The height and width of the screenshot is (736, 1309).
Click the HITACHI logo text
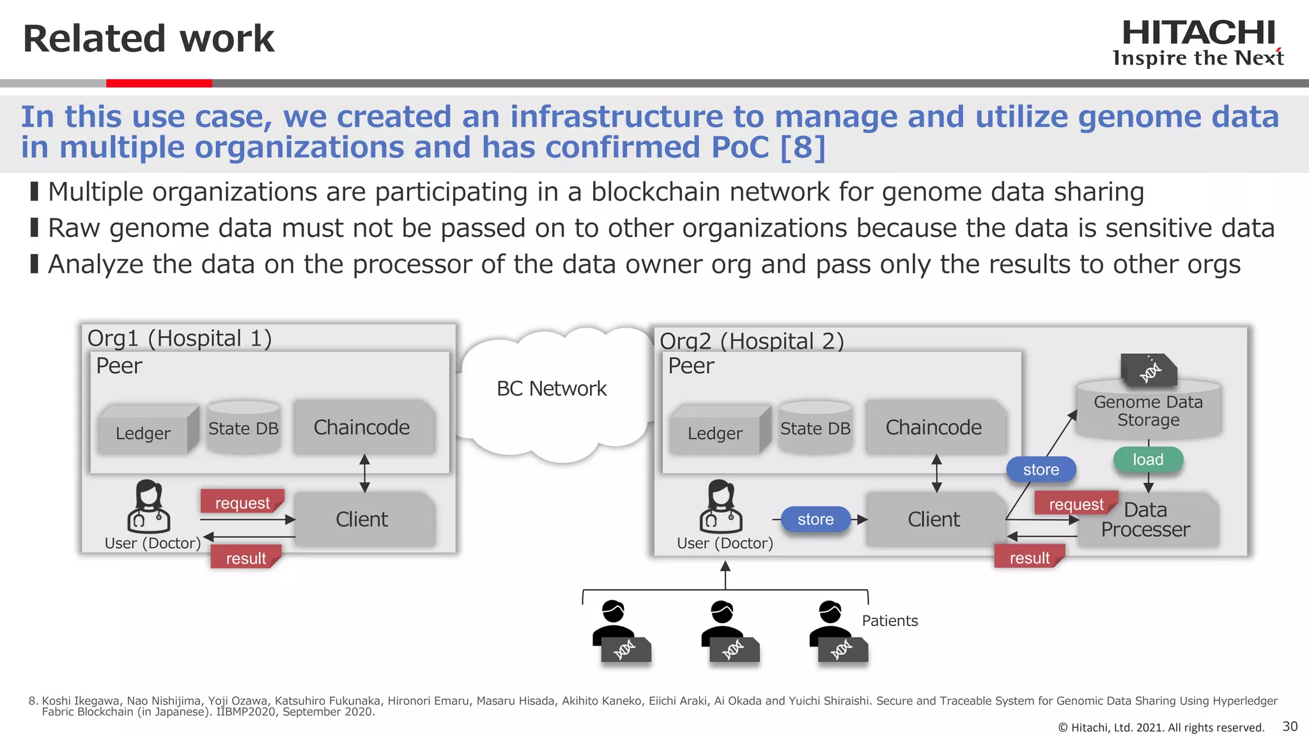tap(1198, 33)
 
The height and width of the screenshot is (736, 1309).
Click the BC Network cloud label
tap(552, 388)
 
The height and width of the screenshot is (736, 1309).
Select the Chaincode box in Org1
tap(362, 427)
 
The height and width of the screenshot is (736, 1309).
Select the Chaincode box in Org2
tap(934, 427)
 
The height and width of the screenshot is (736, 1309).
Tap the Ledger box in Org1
tap(143, 433)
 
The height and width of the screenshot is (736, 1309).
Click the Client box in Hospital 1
tap(362, 519)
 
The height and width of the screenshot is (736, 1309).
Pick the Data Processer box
tap(1146, 519)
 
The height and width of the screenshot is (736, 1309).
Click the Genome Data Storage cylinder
tap(1148, 411)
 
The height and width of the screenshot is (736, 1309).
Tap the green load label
tap(1148, 459)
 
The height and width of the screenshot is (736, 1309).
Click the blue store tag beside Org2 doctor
tap(816, 519)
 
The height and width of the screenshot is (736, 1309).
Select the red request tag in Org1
tap(242, 503)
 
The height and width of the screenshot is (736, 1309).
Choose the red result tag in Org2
tap(1029, 558)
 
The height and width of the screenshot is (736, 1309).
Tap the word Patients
tap(890, 620)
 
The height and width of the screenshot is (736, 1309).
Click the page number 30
tap(1290, 726)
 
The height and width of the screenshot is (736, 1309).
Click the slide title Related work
tap(148, 38)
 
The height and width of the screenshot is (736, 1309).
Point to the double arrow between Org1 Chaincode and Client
tap(364, 473)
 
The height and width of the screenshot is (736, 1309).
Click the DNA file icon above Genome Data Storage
tap(1149, 370)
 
